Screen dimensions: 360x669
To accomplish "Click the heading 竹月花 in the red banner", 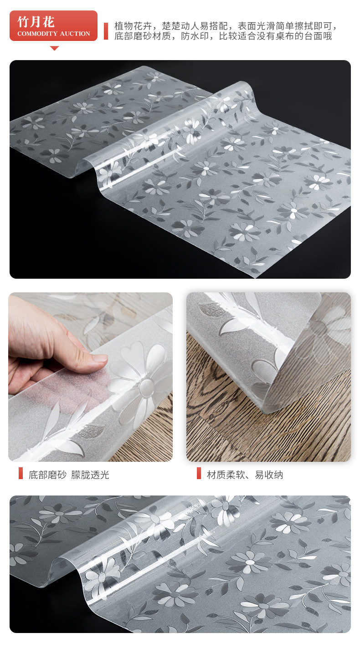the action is tap(36, 22).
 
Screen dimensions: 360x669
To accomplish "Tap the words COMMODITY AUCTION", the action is tap(54, 33).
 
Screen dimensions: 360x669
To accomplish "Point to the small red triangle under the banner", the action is tap(54, 48).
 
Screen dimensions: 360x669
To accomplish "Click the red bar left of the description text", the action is tap(106, 31).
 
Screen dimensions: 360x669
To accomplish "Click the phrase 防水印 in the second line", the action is tap(195, 36).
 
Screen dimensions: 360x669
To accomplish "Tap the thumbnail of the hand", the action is tap(91, 377).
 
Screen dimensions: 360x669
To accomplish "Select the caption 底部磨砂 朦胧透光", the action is tap(69, 475).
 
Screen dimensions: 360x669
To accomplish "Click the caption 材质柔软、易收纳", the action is tap(245, 475).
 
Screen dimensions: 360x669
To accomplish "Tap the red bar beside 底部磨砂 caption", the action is tap(21, 473).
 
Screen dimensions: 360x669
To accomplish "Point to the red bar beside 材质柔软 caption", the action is tap(199, 473).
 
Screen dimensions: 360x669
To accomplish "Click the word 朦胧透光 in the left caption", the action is tap(90, 475).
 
